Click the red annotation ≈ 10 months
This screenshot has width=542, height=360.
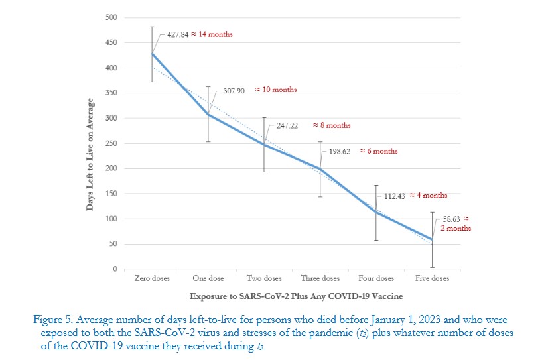276,90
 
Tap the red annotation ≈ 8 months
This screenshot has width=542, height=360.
332,125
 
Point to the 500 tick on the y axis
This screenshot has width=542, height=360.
111,17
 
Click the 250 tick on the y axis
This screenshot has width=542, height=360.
111,143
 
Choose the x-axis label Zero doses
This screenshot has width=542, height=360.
152,278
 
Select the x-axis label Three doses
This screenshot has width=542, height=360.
320,278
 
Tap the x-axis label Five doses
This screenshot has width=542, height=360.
431,278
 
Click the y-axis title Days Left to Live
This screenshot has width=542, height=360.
90,155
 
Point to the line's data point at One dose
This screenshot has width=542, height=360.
208,114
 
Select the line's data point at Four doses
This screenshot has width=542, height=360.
375,212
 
